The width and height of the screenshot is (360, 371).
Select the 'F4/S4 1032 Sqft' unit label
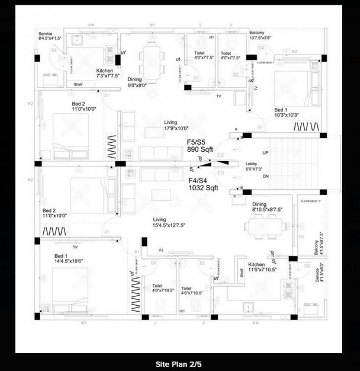(203, 183)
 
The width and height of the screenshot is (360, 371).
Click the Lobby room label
(252, 167)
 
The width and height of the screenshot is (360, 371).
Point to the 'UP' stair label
(265, 152)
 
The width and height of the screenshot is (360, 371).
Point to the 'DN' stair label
(265, 176)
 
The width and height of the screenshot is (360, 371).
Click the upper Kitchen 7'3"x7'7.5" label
(108, 73)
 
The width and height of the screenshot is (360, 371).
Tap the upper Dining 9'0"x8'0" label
(140, 82)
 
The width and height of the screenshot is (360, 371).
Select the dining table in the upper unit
(152, 60)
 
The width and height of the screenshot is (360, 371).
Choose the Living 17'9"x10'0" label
(176, 125)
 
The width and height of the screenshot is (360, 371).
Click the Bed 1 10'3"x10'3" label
(288, 113)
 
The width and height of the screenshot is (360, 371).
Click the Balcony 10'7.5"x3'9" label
(260, 35)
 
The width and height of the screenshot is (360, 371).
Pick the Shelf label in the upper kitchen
(78, 84)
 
